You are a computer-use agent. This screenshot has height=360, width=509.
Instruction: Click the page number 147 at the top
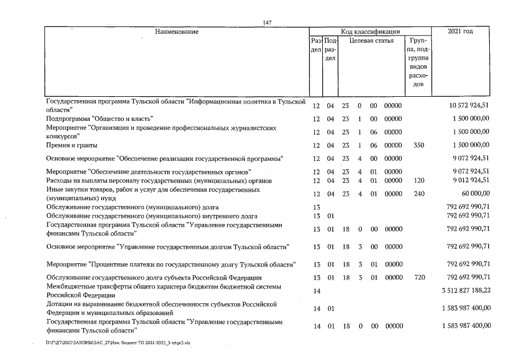[x=267, y=22]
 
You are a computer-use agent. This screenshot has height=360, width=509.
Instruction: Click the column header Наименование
[x=177, y=31]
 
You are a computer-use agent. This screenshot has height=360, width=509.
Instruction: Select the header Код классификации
[x=370, y=31]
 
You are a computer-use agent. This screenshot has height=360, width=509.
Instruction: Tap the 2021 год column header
[x=460, y=31]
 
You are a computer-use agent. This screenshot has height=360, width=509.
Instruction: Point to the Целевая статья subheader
[x=371, y=41]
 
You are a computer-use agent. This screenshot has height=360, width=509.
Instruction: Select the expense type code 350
[x=417, y=145]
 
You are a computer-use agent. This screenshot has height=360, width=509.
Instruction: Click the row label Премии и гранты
[x=69, y=145]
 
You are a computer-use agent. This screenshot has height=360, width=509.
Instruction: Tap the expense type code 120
[x=417, y=180]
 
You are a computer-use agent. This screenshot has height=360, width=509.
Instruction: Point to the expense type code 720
[x=417, y=277]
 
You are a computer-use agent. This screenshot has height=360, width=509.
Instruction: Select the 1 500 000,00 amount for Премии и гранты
[x=470, y=145]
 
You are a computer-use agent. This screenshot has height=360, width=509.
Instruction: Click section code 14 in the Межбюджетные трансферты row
[x=316, y=291]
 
